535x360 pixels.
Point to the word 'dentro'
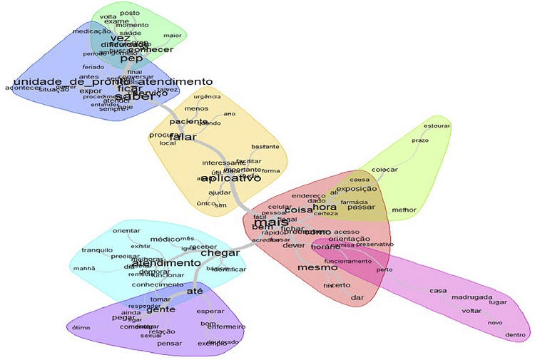[515, 334]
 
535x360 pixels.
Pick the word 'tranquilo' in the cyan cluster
[97, 250]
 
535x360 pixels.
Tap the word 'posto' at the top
[131, 13]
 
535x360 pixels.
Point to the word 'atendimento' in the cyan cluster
[165, 263]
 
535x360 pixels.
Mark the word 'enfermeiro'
[227, 326]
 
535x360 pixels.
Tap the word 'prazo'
[420, 140]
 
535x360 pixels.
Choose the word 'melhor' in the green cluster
[404, 210]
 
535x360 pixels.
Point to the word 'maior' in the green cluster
[172, 35]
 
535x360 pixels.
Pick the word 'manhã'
[84, 268]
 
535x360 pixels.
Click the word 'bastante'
[265, 146]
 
